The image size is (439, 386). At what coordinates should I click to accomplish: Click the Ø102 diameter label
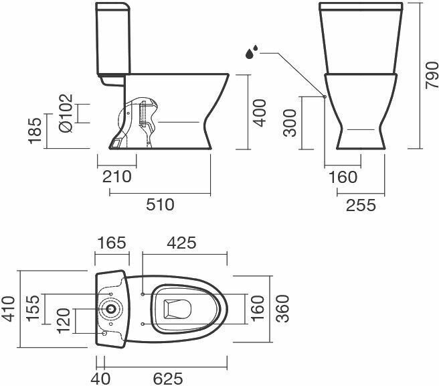[65, 113]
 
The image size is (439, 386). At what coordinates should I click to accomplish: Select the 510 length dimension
[159, 204]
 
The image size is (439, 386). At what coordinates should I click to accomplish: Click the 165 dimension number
[111, 243]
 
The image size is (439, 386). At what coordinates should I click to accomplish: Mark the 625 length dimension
[167, 378]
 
